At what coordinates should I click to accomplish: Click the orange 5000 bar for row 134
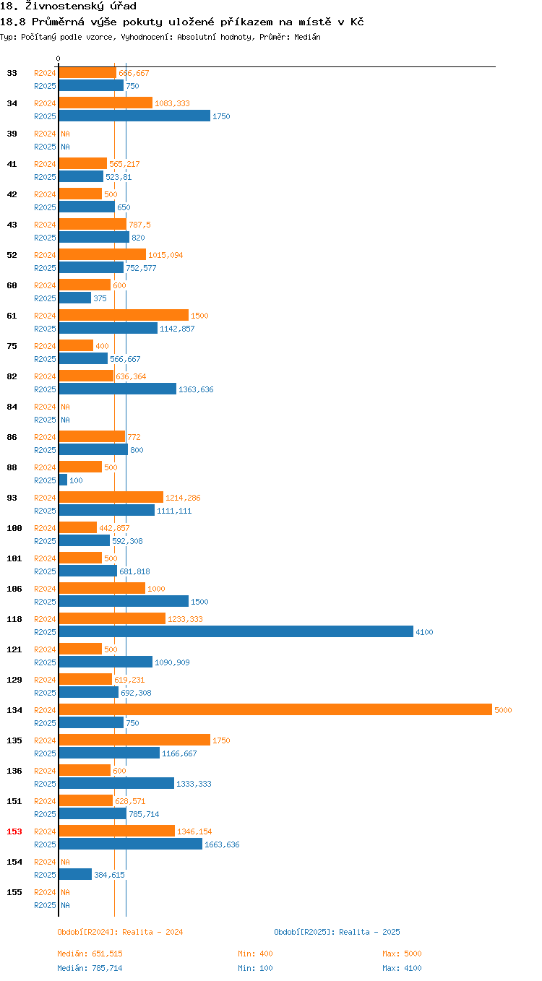(275, 709)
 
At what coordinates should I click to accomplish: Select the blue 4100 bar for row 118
(236, 631)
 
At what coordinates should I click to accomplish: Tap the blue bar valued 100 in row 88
(63, 480)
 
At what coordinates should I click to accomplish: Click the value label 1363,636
(196, 389)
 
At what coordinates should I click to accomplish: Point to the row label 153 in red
(14, 831)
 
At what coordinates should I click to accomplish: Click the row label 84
(12, 407)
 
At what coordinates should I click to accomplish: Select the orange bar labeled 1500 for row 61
(123, 315)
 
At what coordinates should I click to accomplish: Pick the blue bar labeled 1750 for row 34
(134, 116)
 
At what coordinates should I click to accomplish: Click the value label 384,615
(109, 875)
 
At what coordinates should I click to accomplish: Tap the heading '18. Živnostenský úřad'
(69, 7)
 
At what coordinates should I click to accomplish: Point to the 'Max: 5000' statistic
(402, 954)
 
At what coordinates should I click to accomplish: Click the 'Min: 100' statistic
(255, 968)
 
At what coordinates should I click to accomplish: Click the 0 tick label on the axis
(59, 59)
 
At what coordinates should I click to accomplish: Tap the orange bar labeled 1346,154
(116, 831)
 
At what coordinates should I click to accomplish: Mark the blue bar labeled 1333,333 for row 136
(116, 783)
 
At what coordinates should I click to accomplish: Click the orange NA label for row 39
(65, 134)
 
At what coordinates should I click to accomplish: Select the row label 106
(14, 589)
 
